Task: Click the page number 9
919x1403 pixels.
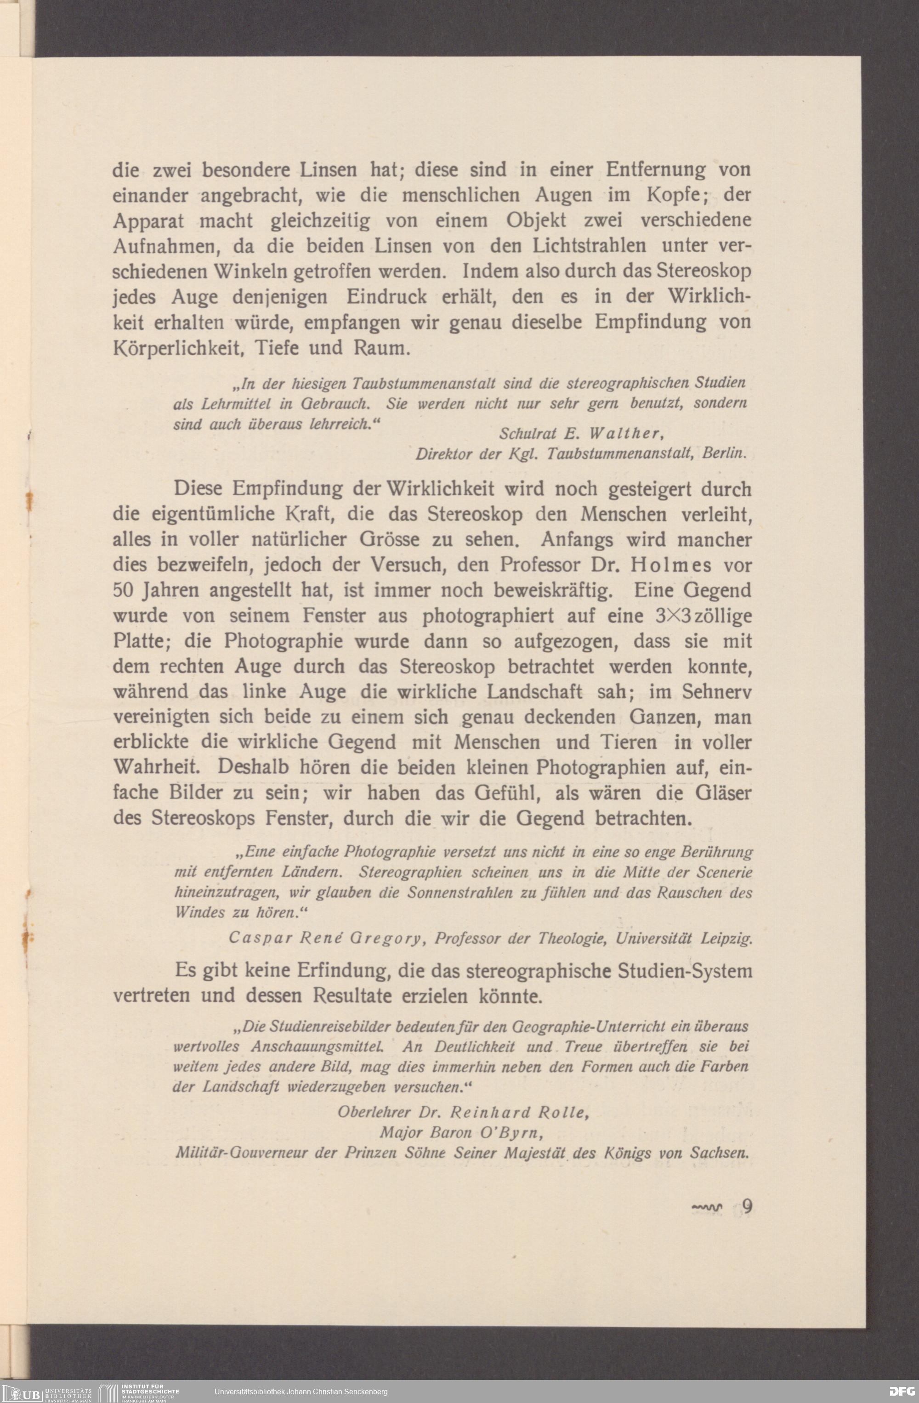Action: coord(747,1206)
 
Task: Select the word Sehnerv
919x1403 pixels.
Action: coord(717,692)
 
